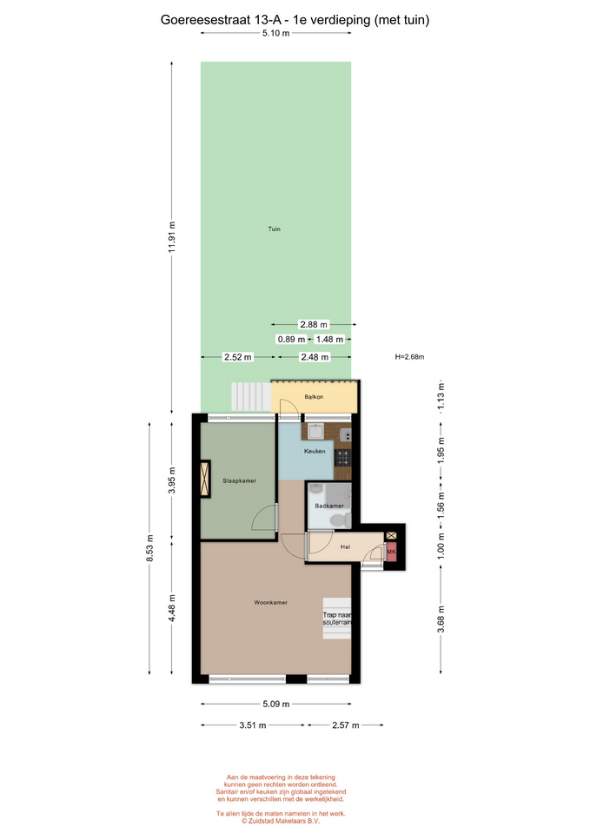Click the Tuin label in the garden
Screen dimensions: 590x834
(274, 229)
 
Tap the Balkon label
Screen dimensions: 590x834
(314, 397)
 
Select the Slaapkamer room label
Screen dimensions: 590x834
(240, 480)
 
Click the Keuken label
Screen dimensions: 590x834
(315, 451)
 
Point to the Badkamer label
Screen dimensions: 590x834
(329, 506)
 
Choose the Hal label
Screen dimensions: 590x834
(345, 546)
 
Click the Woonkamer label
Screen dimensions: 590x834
(271, 603)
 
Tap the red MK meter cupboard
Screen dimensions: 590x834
(391, 553)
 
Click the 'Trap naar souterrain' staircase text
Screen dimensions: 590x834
(337, 619)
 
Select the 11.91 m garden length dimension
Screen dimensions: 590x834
(172, 237)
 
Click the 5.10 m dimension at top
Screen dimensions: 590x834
(275, 33)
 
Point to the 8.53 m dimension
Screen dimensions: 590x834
(149, 548)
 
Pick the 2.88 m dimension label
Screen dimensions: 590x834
(314, 324)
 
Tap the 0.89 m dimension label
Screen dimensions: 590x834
(292, 339)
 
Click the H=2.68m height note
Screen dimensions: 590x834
(409, 357)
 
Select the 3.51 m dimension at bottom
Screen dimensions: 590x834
(253, 725)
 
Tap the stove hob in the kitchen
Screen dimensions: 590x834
(342, 457)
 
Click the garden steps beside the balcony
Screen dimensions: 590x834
(251, 397)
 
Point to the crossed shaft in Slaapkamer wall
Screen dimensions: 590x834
(205, 479)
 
